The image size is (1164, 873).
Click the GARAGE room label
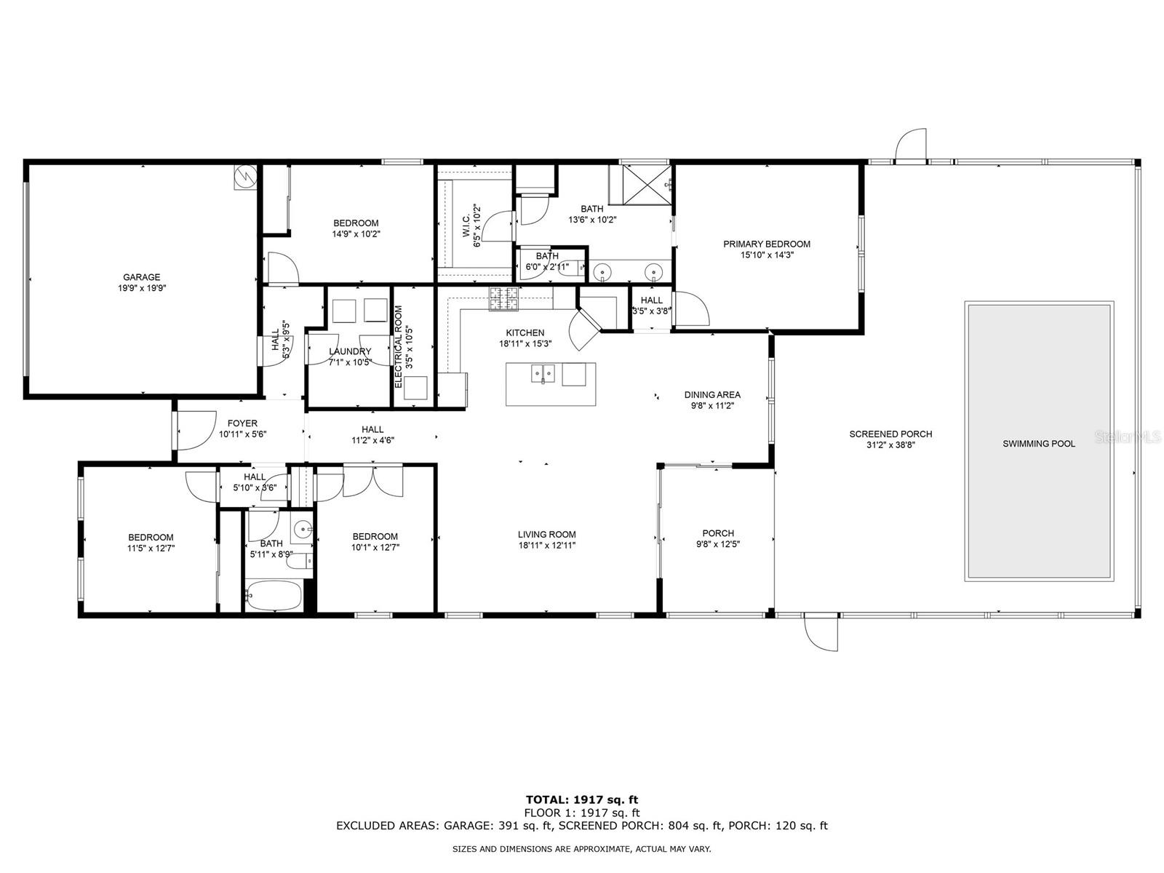(x=142, y=277)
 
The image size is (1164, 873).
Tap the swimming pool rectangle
(x=1039, y=442)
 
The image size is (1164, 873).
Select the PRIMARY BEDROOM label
(x=767, y=244)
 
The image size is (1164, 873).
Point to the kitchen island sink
(x=543, y=373)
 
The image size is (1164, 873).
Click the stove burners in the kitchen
(x=503, y=298)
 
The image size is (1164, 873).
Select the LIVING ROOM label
(x=547, y=535)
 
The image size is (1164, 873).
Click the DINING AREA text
(x=712, y=395)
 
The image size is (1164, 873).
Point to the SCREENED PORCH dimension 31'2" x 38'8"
(x=891, y=445)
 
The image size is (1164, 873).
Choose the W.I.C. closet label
(x=466, y=226)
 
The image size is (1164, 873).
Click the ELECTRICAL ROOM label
(x=399, y=347)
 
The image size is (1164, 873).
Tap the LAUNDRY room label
(x=350, y=351)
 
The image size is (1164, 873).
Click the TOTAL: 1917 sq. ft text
(x=582, y=800)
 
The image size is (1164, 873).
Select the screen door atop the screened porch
(x=911, y=144)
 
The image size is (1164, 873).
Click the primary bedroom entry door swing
(x=692, y=308)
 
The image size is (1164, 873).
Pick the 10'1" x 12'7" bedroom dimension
(x=375, y=548)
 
